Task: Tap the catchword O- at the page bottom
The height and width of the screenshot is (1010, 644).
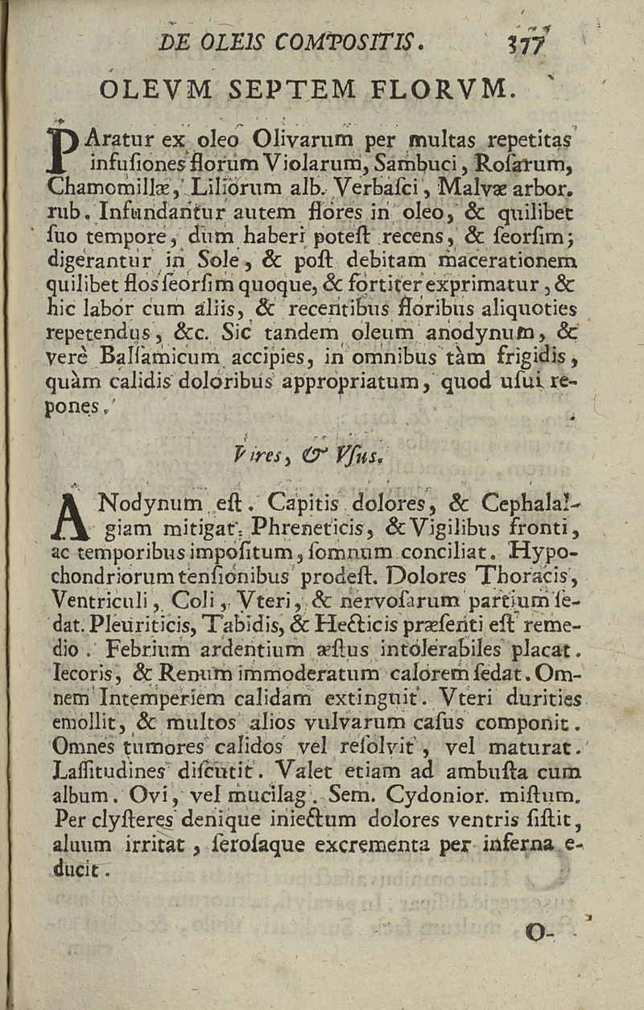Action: (x=536, y=934)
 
